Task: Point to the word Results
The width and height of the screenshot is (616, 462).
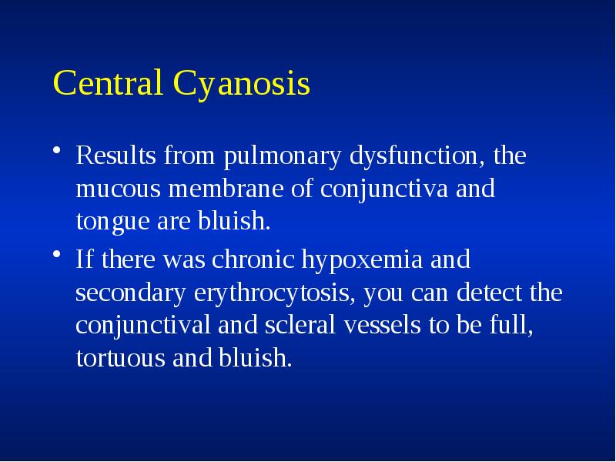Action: [x=116, y=157]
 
